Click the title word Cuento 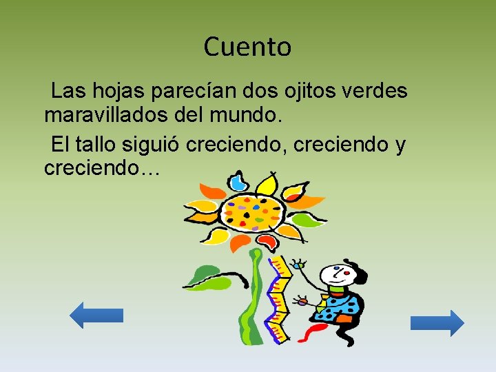coord(248,48)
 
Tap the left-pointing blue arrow coord(96,315)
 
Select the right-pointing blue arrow coord(437,322)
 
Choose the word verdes coord(375,91)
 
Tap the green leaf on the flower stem coord(207,276)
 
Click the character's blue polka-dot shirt coord(344,309)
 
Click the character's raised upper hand coord(298,264)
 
